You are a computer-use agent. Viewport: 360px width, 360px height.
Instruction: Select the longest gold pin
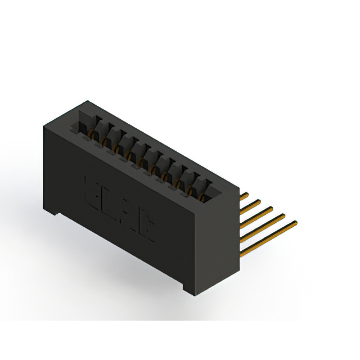[269, 237]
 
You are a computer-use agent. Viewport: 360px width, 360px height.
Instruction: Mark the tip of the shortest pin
[247, 193]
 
